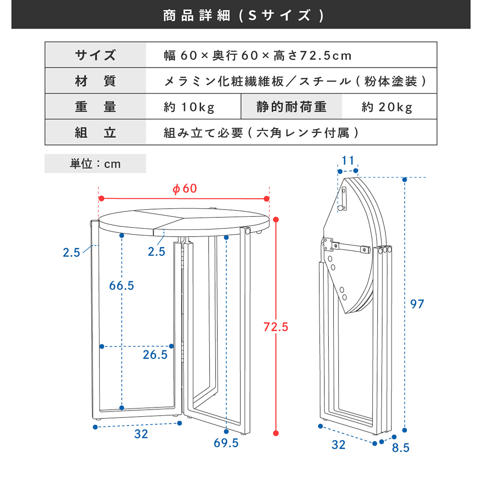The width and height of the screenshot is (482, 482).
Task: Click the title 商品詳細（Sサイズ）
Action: point(241,15)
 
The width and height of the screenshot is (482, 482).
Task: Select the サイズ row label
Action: point(95,55)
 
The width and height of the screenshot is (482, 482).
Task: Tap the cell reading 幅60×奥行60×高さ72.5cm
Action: point(257,56)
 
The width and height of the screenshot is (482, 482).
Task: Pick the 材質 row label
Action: point(95,81)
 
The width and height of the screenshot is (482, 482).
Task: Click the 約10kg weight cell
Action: point(189,107)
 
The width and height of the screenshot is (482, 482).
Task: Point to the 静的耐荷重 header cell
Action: point(292,107)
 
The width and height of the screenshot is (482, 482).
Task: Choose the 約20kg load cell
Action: point(387,107)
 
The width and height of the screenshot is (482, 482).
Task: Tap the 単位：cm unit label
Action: point(95,164)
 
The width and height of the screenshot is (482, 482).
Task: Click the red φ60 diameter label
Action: point(185,188)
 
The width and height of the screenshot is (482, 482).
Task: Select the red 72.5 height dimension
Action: point(276,327)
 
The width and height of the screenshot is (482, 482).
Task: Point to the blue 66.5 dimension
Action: point(121,286)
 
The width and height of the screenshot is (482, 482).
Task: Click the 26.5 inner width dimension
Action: point(155,355)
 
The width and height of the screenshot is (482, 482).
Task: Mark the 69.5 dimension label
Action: point(226,443)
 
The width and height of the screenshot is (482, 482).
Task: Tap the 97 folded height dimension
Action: point(417,304)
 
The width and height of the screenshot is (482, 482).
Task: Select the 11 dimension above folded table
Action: point(348,160)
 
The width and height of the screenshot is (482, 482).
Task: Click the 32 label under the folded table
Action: point(338,445)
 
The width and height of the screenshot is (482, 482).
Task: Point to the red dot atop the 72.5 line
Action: point(276,220)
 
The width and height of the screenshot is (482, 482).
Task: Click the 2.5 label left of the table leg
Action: point(72,252)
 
